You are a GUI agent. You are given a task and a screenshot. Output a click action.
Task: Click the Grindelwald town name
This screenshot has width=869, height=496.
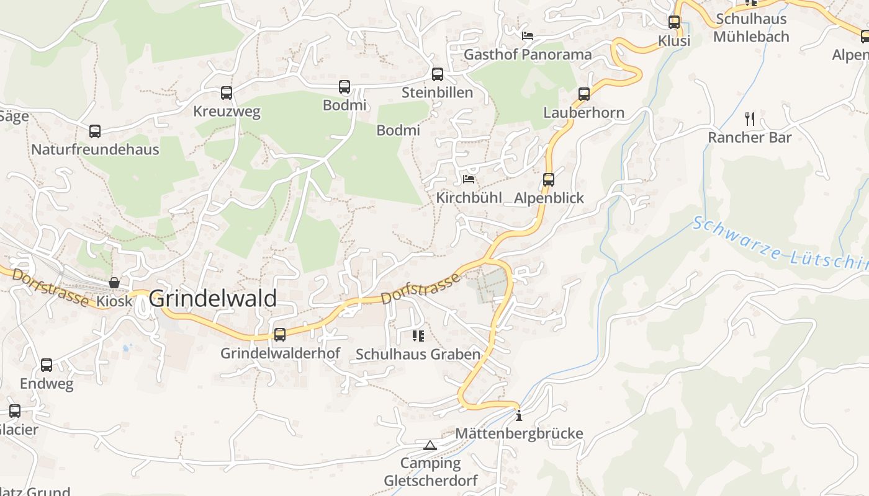point(213,298)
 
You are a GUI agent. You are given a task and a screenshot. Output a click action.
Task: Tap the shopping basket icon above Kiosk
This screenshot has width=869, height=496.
point(114,283)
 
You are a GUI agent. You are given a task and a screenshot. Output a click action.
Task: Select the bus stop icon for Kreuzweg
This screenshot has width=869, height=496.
point(227,93)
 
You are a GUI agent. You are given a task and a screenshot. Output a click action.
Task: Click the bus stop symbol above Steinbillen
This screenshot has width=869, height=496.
point(438,74)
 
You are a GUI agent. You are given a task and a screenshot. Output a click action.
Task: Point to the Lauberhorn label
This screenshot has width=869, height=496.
point(583,113)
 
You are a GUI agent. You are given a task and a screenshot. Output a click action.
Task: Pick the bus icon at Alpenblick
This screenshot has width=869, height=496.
point(549,180)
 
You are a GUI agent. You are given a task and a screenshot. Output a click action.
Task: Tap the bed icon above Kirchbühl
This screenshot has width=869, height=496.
point(469,180)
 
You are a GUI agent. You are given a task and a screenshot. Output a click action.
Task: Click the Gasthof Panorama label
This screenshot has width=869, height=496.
point(528,55)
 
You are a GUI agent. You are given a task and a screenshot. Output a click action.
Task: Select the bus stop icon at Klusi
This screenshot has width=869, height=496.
point(674,22)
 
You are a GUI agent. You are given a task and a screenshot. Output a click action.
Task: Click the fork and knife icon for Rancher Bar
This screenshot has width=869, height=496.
point(750,118)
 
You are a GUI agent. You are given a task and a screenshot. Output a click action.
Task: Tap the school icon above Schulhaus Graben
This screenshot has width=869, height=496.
point(418,336)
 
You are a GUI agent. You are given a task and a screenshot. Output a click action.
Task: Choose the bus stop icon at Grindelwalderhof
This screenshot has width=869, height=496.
point(280,335)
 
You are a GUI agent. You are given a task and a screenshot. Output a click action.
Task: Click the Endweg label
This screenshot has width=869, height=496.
point(47,384)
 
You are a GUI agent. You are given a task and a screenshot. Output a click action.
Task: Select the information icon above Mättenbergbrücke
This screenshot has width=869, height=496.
point(519,415)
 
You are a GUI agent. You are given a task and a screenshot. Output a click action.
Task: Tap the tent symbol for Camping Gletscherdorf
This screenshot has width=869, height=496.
point(430,445)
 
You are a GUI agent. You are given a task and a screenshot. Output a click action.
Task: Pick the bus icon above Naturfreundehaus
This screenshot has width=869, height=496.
point(95,131)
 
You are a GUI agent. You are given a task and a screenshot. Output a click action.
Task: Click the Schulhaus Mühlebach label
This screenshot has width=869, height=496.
point(751,28)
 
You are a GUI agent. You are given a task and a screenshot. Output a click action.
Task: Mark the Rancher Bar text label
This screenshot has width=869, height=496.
point(750,138)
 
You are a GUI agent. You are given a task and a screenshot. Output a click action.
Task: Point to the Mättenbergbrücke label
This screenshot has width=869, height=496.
point(519,433)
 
